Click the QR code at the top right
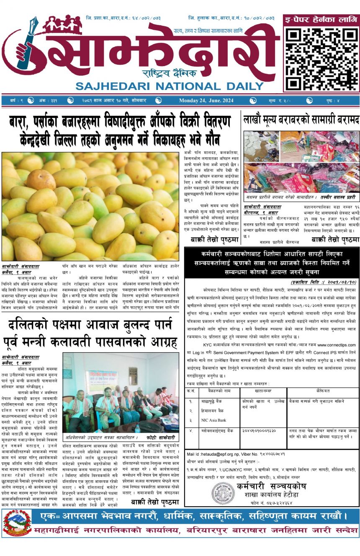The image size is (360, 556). (x=321, y=57)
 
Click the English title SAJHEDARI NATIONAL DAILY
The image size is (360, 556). (x=169, y=86)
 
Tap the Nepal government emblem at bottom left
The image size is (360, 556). (x=17, y=523)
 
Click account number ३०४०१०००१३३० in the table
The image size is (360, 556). (x=259, y=430)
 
